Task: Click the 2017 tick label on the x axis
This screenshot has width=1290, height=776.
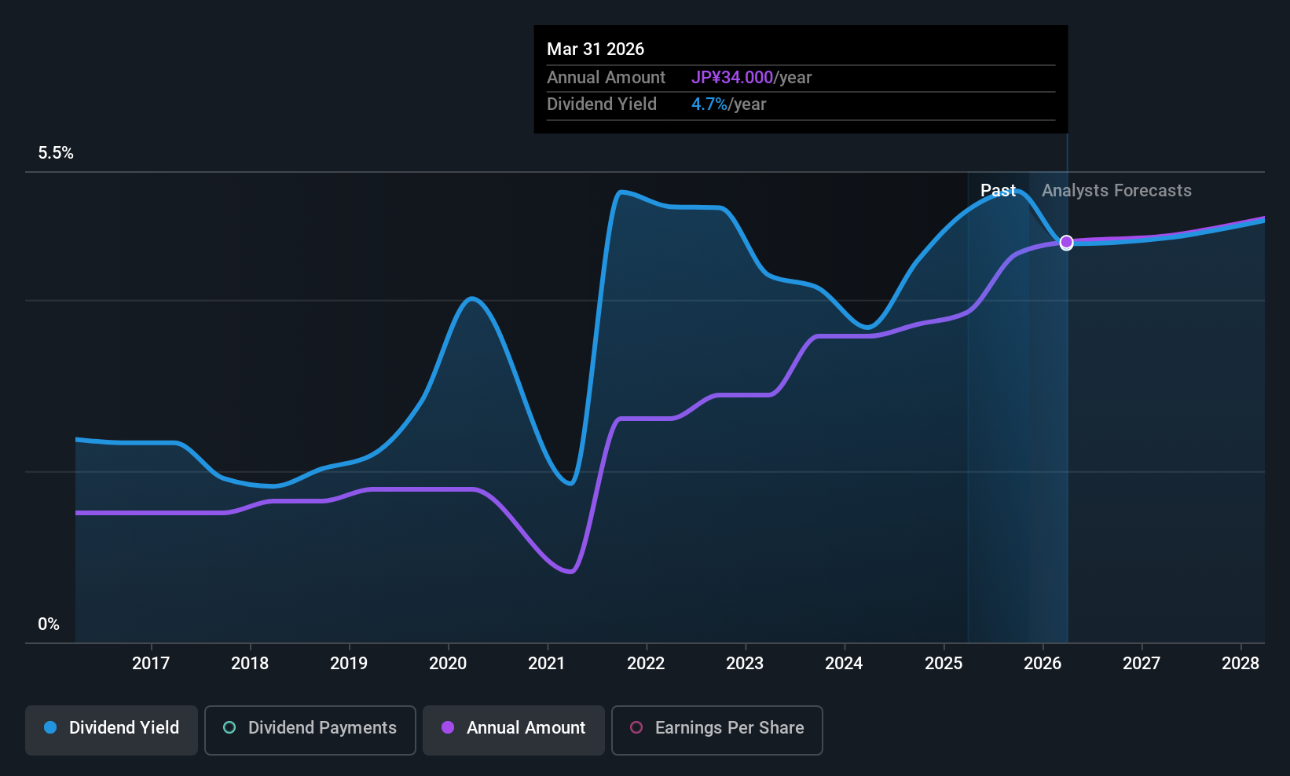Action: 150,664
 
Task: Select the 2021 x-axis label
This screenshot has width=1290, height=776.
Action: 546,664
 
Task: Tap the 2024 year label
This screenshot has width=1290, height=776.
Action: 844,664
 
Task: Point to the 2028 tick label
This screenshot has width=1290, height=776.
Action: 1240,664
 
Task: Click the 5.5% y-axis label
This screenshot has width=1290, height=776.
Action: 56,153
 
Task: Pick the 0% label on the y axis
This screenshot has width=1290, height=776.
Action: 49,624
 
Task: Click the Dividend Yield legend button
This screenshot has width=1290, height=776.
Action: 112,728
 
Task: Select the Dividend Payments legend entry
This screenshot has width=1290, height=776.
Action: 310,728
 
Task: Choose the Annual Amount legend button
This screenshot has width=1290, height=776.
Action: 514,728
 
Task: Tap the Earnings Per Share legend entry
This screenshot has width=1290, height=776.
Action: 716,728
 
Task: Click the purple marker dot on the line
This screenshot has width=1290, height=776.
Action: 1066,243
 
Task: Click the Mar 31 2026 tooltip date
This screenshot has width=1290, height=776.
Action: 596,49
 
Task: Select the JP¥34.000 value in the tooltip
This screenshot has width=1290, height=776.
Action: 732,78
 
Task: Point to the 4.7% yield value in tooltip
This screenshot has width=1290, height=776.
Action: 709,104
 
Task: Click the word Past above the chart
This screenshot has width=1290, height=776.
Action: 998,191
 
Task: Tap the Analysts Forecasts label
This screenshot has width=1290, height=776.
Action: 1116,191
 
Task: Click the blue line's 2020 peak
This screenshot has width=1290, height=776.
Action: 471,298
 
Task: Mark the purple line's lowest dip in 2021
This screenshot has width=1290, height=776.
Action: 570,571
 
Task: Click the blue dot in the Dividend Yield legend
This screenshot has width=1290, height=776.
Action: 50,728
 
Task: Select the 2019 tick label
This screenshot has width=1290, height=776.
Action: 348,664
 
